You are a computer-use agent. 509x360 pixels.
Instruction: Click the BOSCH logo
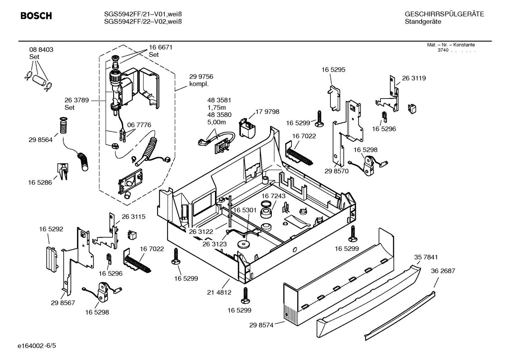(x=36, y=16)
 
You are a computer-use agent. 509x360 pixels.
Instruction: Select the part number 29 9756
(x=201, y=77)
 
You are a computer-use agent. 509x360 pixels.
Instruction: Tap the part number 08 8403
(x=41, y=50)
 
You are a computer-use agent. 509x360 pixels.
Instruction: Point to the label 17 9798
(x=267, y=112)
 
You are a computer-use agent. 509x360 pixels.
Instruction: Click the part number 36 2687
(x=443, y=271)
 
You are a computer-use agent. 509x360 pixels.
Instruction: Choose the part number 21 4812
(x=219, y=292)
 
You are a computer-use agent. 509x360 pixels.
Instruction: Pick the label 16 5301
(x=245, y=210)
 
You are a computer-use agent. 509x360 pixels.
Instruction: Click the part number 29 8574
(x=261, y=325)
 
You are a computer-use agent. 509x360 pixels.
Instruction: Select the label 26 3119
(x=414, y=78)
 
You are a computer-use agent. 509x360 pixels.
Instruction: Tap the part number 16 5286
(x=40, y=182)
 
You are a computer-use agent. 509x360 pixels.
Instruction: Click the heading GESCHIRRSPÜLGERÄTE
(x=444, y=14)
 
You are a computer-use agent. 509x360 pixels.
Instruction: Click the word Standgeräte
(x=423, y=22)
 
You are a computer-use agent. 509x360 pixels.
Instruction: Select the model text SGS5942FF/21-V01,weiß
(x=143, y=14)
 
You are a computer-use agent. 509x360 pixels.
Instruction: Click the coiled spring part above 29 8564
(x=63, y=126)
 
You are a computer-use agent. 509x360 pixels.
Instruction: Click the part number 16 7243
(x=274, y=196)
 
